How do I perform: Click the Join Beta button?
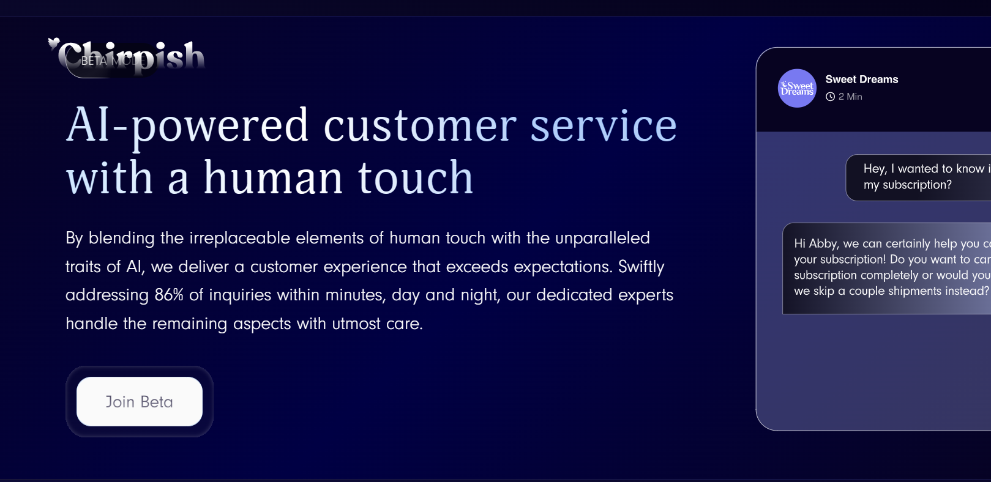(140, 402)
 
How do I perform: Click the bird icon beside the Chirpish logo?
(54, 43)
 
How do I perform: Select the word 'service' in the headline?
(603, 126)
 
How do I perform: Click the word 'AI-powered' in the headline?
(187, 126)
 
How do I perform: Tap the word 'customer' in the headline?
(420, 126)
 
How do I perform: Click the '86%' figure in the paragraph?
(169, 295)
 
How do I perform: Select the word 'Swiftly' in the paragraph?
(641, 267)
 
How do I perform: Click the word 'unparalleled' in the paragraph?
(602, 238)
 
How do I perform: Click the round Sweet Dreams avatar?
(797, 89)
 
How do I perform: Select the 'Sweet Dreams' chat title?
(862, 80)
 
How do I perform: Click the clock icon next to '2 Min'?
(830, 97)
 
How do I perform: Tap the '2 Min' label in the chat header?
(850, 97)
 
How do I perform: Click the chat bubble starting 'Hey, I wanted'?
(918, 177)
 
